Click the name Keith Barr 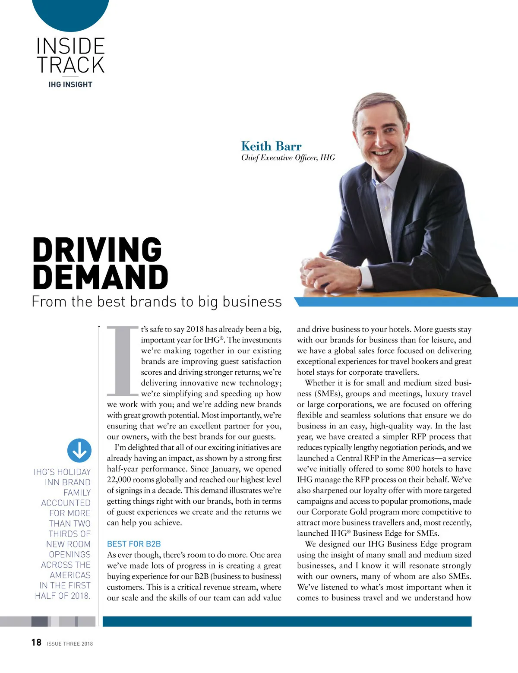click(271, 146)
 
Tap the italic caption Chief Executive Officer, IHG click(288, 158)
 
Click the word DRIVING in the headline click(97, 250)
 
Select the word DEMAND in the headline click(100, 277)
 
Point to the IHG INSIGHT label click(70, 85)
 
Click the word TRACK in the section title click(70, 65)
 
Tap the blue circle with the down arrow click(79, 450)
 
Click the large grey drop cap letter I click(123, 361)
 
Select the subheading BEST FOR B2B click(134, 544)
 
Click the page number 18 click(36, 642)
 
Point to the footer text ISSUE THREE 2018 click(70, 644)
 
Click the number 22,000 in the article click(119, 480)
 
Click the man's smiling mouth click(381, 152)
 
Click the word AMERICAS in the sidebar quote click(70, 575)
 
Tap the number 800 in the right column click(413, 469)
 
